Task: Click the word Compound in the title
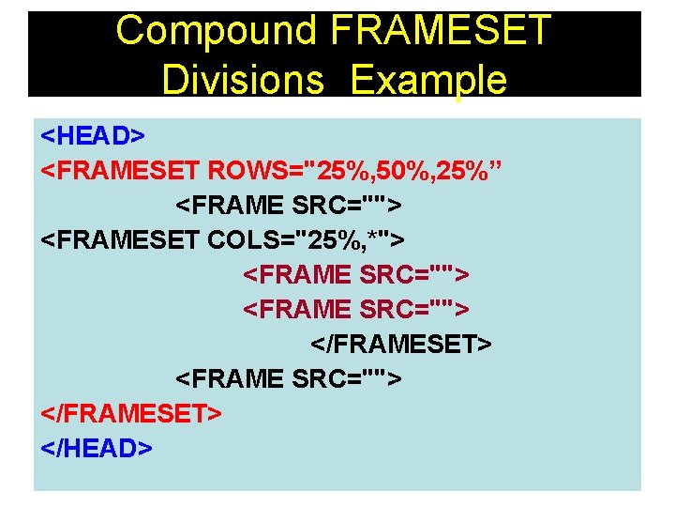[217, 30]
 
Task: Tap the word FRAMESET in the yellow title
[440, 30]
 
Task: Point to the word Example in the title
[429, 80]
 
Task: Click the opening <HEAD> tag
[93, 136]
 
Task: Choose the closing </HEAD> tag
[97, 448]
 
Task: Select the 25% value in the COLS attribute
[341, 240]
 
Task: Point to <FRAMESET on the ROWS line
[121, 171]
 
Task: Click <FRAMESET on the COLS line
[121, 240]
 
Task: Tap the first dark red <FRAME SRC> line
[356, 275]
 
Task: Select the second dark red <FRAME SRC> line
[356, 309]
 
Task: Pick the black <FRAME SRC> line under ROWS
[289, 206]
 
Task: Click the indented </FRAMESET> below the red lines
[400, 344]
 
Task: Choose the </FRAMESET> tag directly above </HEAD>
[131, 413]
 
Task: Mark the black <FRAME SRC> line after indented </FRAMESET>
[289, 378]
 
